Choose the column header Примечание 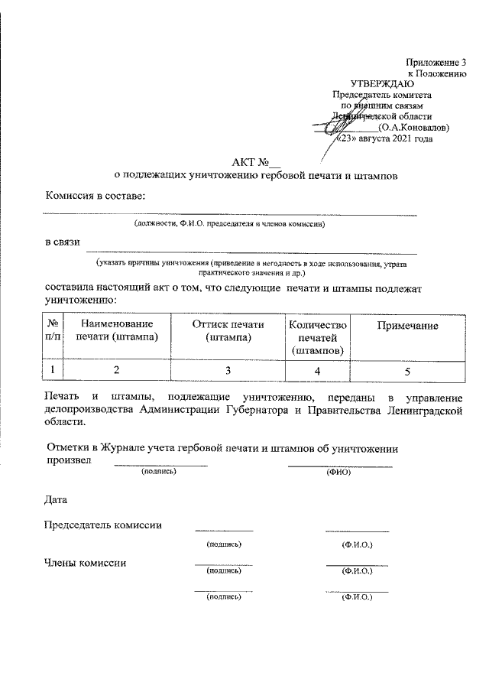(x=407, y=327)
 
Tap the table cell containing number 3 (x=228, y=371)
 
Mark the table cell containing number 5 (x=407, y=371)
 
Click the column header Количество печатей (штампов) (x=317, y=337)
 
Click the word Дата (x=55, y=501)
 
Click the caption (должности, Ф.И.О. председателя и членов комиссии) (x=230, y=225)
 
